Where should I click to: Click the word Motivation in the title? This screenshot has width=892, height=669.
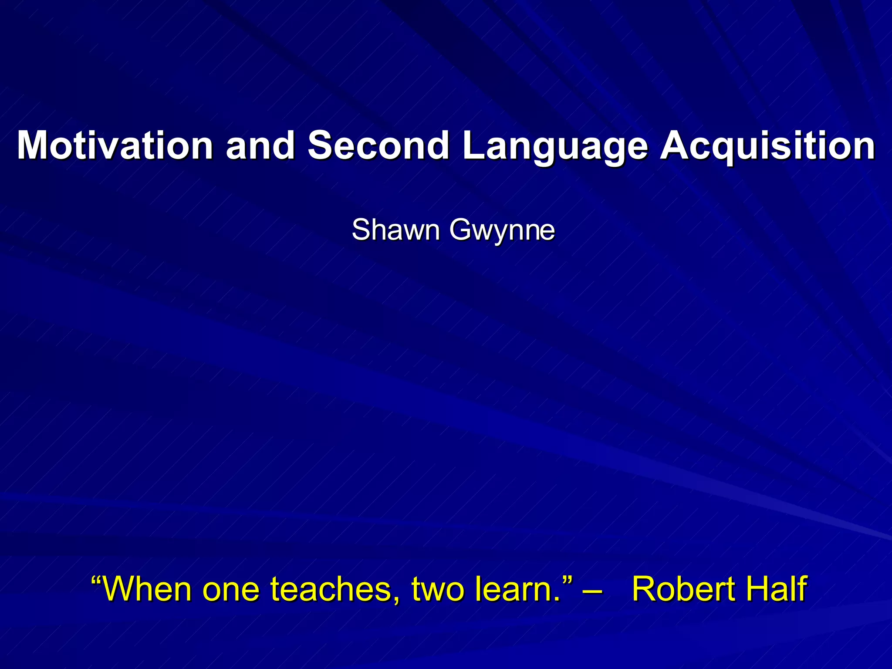pyautogui.click(x=115, y=145)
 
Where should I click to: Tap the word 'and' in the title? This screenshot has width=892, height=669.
pyautogui.click(x=260, y=145)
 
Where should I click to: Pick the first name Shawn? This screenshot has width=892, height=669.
pyautogui.click(x=395, y=230)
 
